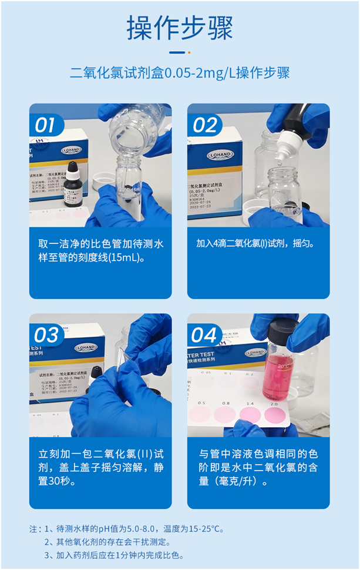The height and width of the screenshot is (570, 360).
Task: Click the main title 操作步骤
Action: [180, 28]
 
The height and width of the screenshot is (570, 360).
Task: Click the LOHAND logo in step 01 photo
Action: [73, 150]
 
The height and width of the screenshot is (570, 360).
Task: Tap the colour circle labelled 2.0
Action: [274, 415]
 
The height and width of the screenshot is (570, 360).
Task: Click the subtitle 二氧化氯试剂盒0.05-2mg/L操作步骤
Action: [180, 73]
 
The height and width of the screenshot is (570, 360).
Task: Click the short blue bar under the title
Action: [180, 52]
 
